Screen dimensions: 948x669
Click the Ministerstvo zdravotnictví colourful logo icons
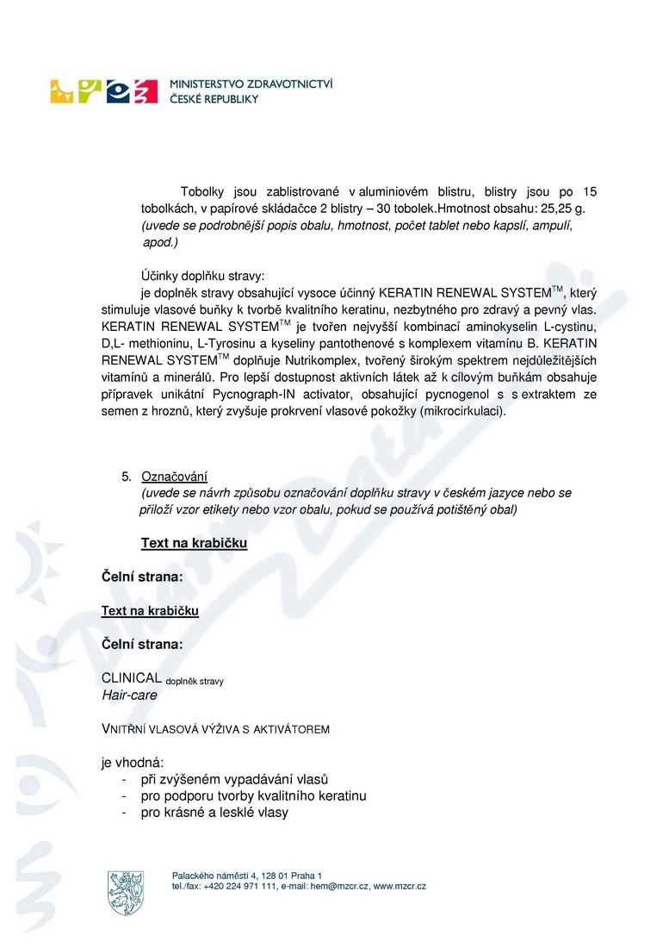pos(103,90)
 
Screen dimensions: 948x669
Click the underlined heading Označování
pos(175,477)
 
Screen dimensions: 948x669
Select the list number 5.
pos(126,477)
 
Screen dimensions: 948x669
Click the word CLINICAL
pos(131,679)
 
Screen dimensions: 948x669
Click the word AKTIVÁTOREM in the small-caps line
pos(292,729)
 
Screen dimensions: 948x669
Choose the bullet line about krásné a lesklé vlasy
pos(214,812)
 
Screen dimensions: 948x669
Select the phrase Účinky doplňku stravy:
pos(204,276)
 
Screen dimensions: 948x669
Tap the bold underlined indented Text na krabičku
pos(194,543)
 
